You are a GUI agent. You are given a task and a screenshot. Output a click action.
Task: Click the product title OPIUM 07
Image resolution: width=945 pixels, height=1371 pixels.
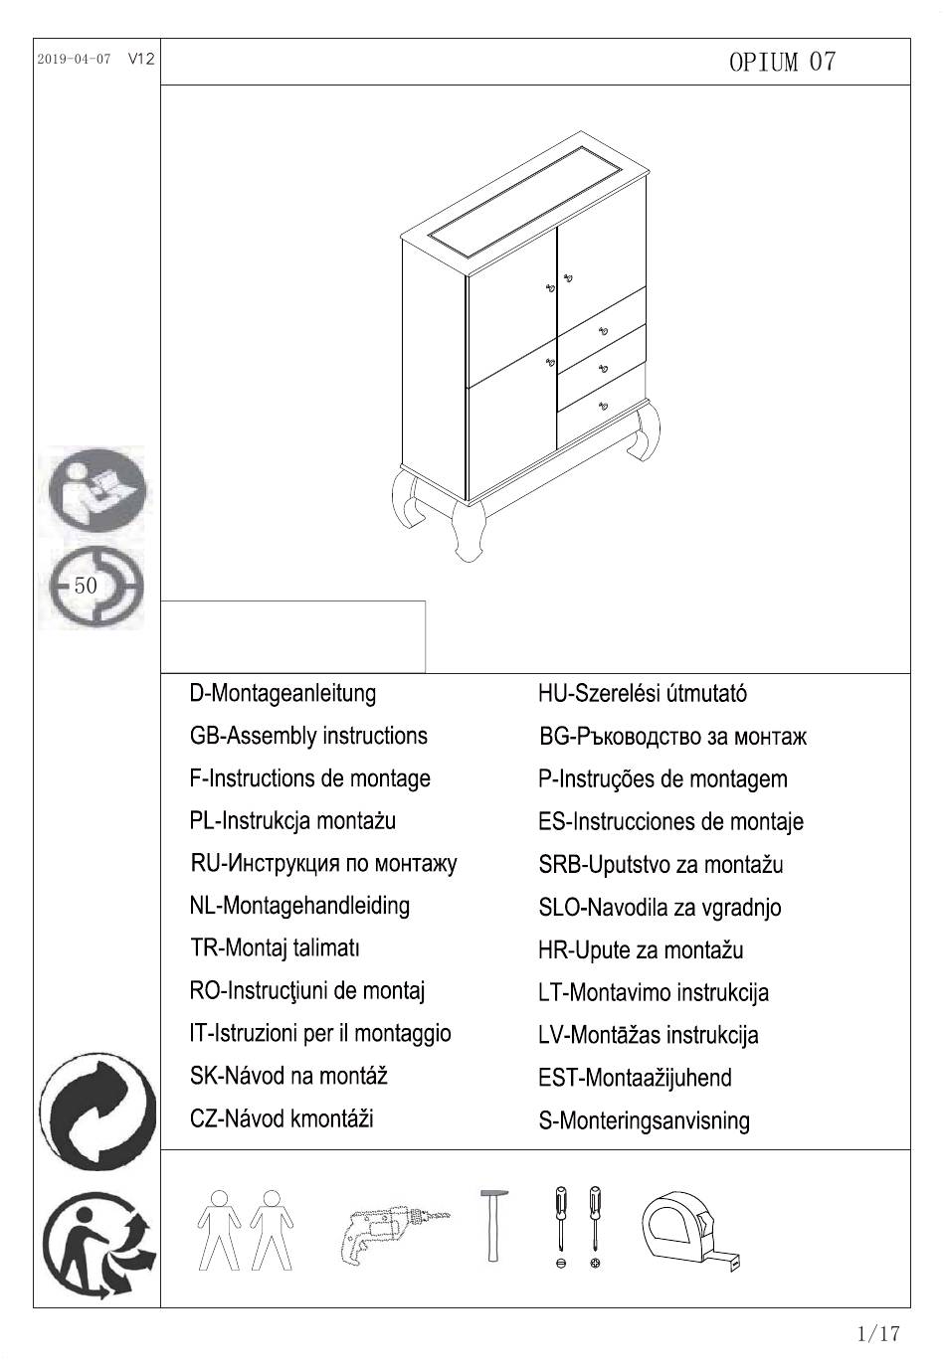click(782, 63)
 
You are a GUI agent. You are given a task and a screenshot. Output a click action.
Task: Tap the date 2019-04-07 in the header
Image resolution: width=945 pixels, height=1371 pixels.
click(74, 60)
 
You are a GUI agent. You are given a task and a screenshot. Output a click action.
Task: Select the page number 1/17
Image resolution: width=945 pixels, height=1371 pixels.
click(877, 1334)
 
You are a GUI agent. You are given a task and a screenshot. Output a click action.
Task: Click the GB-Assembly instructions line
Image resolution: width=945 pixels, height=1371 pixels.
click(308, 736)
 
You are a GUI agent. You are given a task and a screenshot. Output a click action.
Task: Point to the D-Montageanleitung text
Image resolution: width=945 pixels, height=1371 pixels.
click(283, 693)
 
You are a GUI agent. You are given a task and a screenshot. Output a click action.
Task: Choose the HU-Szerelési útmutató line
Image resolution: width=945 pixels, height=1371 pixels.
click(642, 694)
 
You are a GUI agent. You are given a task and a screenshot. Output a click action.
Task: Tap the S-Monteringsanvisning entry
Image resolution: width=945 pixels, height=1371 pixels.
click(644, 1121)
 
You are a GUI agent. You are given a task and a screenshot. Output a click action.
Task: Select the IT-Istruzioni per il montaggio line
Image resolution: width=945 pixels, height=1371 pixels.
click(319, 1034)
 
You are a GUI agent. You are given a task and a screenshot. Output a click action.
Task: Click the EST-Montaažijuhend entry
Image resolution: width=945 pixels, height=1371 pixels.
click(635, 1078)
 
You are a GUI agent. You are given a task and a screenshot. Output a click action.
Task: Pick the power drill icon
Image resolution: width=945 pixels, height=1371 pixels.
click(393, 1233)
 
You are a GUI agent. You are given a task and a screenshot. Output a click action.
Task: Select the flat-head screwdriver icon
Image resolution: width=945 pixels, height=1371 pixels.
click(561, 1223)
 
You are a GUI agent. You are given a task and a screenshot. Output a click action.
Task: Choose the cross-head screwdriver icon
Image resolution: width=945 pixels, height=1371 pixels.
click(595, 1223)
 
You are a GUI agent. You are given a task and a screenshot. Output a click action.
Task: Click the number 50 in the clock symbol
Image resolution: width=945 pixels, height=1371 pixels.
click(87, 586)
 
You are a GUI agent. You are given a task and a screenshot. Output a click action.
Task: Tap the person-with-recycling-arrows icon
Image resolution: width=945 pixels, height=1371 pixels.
click(96, 1248)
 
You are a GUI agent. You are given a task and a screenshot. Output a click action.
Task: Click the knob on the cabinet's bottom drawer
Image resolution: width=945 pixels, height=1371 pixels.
click(603, 405)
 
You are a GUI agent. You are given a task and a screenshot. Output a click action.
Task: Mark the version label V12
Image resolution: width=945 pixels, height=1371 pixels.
click(141, 60)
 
